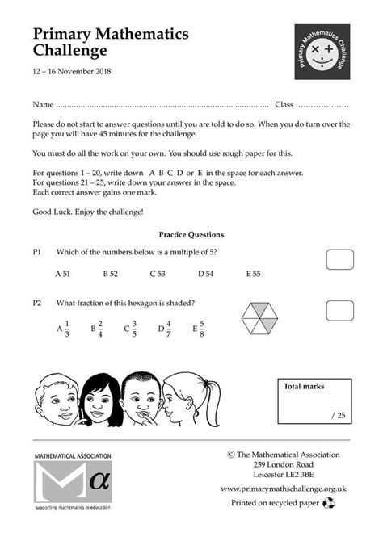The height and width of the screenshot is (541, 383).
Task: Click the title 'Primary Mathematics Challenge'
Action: (111, 42)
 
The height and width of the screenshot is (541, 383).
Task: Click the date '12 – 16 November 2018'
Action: (72, 72)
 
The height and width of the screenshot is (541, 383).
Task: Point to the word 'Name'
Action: (43, 105)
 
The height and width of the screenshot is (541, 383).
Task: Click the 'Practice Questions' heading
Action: (191, 234)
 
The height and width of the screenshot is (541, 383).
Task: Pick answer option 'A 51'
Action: (63, 274)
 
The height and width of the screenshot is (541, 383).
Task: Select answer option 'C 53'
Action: (157, 274)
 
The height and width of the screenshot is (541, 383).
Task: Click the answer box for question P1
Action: (339, 259)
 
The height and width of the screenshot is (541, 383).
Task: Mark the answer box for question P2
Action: (339, 310)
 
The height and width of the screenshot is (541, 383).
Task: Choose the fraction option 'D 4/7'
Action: (164, 329)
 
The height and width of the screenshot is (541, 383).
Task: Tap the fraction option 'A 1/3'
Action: (63, 329)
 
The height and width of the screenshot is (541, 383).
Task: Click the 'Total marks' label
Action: (304, 387)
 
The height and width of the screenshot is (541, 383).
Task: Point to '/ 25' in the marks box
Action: (338, 415)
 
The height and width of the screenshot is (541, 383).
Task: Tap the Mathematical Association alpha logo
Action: (72, 484)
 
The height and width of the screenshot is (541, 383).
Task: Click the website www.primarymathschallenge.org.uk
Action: (284, 489)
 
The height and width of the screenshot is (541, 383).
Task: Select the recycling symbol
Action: (329, 502)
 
